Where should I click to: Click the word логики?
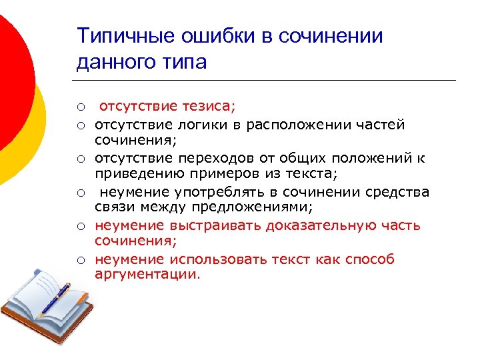[204, 125]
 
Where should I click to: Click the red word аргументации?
[147, 275]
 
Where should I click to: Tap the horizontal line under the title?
[267, 81]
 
